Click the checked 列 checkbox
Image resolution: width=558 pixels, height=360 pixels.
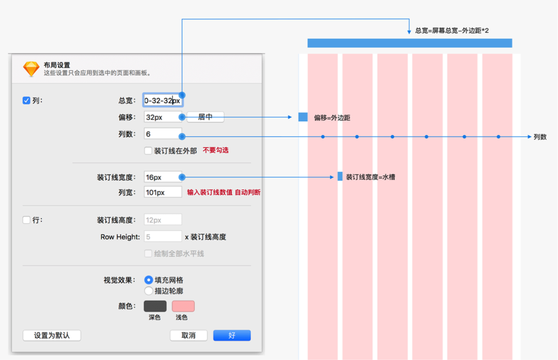(26, 101)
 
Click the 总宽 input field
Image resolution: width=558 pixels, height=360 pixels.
(163, 101)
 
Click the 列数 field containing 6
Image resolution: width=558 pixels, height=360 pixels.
(163, 134)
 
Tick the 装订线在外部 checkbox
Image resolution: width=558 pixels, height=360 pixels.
(148, 150)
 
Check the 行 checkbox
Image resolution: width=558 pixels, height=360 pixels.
(26, 220)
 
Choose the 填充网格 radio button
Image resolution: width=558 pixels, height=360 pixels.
(149, 280)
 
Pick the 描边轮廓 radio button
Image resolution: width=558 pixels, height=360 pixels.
(149, 291)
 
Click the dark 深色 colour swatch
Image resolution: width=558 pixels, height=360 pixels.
(155, 306)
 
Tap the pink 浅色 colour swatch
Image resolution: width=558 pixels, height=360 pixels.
(183, 306)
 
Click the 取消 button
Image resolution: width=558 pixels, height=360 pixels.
(188, 335)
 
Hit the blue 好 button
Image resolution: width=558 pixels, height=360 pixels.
(232, 335)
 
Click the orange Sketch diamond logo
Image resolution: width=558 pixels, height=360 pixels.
(32, 69)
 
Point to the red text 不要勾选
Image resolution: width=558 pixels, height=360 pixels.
(215, 150)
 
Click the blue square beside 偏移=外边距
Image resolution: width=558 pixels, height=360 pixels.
(303, 117)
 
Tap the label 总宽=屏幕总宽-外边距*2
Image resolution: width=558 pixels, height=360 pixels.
(452, 30)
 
